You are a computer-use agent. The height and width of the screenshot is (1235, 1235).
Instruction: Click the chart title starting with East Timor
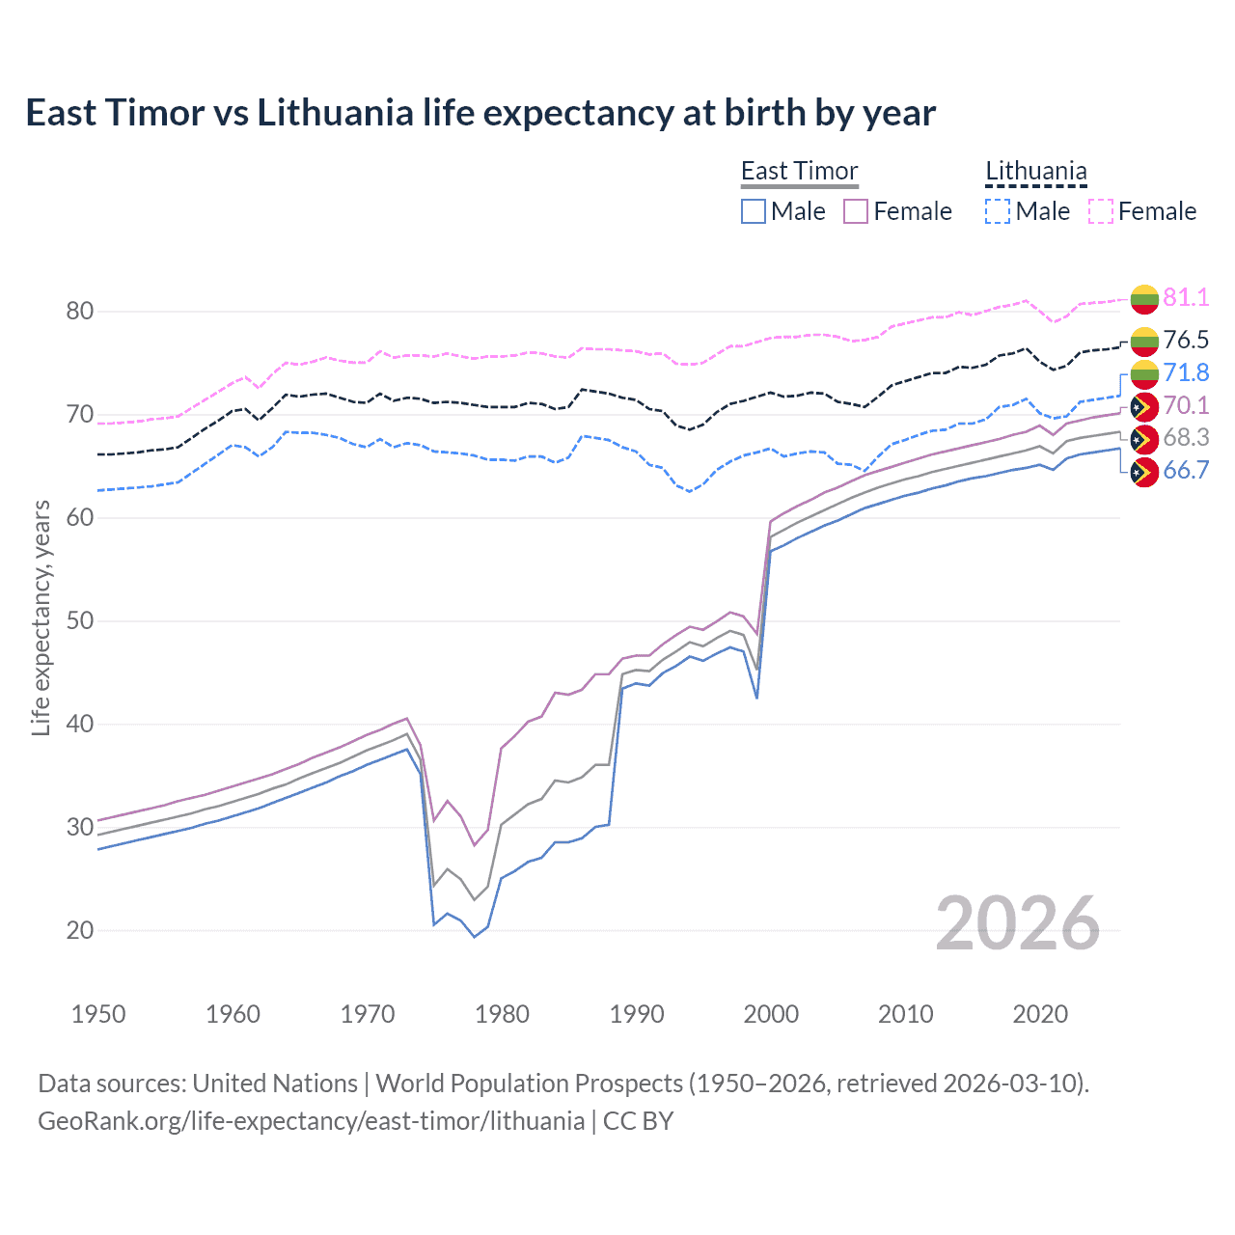(x=480, y=113)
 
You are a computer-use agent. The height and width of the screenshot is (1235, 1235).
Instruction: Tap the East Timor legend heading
(x=799, y=172)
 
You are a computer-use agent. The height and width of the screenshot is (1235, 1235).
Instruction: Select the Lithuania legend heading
(x=1035, y=172)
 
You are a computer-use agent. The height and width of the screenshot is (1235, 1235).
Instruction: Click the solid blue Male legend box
(x=754, y=211)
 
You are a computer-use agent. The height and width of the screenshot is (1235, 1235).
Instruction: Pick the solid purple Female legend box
(x=856, y=211)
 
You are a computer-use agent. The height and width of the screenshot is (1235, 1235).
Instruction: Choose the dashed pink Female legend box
(x=1101, y=211)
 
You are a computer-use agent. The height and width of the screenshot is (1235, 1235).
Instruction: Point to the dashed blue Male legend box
(x=998, y=211)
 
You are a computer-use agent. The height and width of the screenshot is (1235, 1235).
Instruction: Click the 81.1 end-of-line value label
(x=1186, y=297)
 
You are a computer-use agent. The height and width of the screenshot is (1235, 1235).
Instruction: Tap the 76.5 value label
(x=1186, y=340)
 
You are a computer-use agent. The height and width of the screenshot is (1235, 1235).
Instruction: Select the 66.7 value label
(x=1186, y=470)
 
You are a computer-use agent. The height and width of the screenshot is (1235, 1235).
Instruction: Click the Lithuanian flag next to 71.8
(x=1144, y=373)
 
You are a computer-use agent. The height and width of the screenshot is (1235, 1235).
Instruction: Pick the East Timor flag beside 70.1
(x=1144, y=406)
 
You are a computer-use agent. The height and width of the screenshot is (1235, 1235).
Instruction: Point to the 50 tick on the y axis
(x=80, y=620)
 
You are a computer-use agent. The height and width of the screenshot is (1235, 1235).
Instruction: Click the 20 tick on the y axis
(x=80, y=930)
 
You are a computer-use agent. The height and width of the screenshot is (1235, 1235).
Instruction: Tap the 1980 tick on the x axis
(x=502, y=1014)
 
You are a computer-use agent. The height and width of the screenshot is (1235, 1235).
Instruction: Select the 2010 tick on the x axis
(x=905, y=1014)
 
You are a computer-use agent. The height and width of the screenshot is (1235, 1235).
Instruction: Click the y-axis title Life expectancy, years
(x=41, y=617)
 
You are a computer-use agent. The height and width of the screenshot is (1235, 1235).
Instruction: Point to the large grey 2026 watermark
(x=1017, y=923)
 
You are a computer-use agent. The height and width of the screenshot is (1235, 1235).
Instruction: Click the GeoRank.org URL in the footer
(x=311, y=1121)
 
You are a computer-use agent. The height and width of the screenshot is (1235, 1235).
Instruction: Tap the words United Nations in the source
(x=275, y=1084)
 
